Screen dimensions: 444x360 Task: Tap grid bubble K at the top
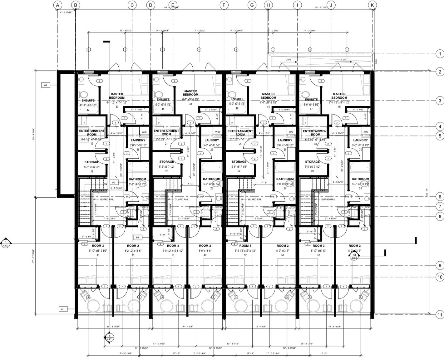coord(372,5)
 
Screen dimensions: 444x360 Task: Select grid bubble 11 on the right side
coord(440,315)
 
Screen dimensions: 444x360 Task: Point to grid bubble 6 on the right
coord(440,197)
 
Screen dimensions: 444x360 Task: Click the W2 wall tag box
coord(45,85)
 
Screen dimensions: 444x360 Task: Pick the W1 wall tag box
coord(63,309)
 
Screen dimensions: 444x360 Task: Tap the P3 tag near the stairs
coord(114,182)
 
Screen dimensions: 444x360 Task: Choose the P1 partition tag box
coord(138,238)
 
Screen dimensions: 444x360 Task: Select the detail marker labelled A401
coord(109,338)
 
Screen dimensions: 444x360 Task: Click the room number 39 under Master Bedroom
coord(117,107)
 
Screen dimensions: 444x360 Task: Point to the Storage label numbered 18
coord(91,162)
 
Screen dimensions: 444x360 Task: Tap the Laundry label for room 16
coord(138,140)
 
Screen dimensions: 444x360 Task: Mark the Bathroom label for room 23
coord(212,179)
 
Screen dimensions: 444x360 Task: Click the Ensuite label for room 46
coord(237,99)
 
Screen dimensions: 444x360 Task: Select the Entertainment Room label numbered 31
coord(315,133)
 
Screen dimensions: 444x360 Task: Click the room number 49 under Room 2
coord(205,255)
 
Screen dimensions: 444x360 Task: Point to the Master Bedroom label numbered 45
coord(339,96)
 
